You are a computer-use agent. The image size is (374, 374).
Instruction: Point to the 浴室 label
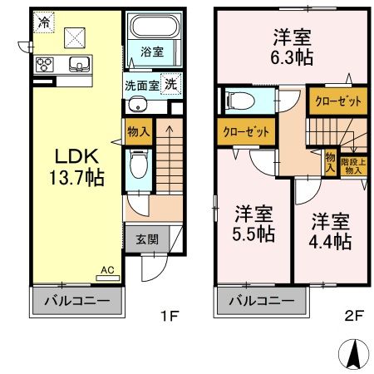tap(151, 52)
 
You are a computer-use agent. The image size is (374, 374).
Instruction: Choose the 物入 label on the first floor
tap(138, 130)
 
